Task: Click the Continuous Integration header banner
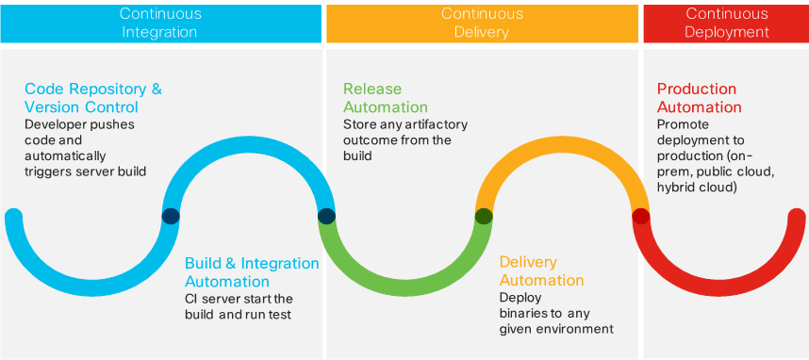pyautogui.click(x=159, y=23)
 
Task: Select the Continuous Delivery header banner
pyautogui.click(x=481, y=23)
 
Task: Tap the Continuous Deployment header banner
pyautogui.click(x=726, y=23)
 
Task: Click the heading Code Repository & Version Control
pyautogui.click(x=93, y=97)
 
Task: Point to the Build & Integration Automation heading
pyautogui.click(x=251, y=271)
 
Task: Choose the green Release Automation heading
pyautogui.click(x=385, y=97)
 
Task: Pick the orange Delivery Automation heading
pyautogui.click(x=541, y=270)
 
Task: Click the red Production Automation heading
pyautogui.click(x=699, y=97)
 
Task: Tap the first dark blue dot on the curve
pyautogui.click(x=171, y=216)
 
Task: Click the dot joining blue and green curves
pyautogui.click(x=326, y=216)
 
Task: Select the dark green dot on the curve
pyautogui.click(x=484, y=216)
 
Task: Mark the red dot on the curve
pyautogui.click(x=640, y=216)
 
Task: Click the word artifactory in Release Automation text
pyautogui.click(x=429, y=124)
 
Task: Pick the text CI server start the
pyautogui.click(x=240, y=299)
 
